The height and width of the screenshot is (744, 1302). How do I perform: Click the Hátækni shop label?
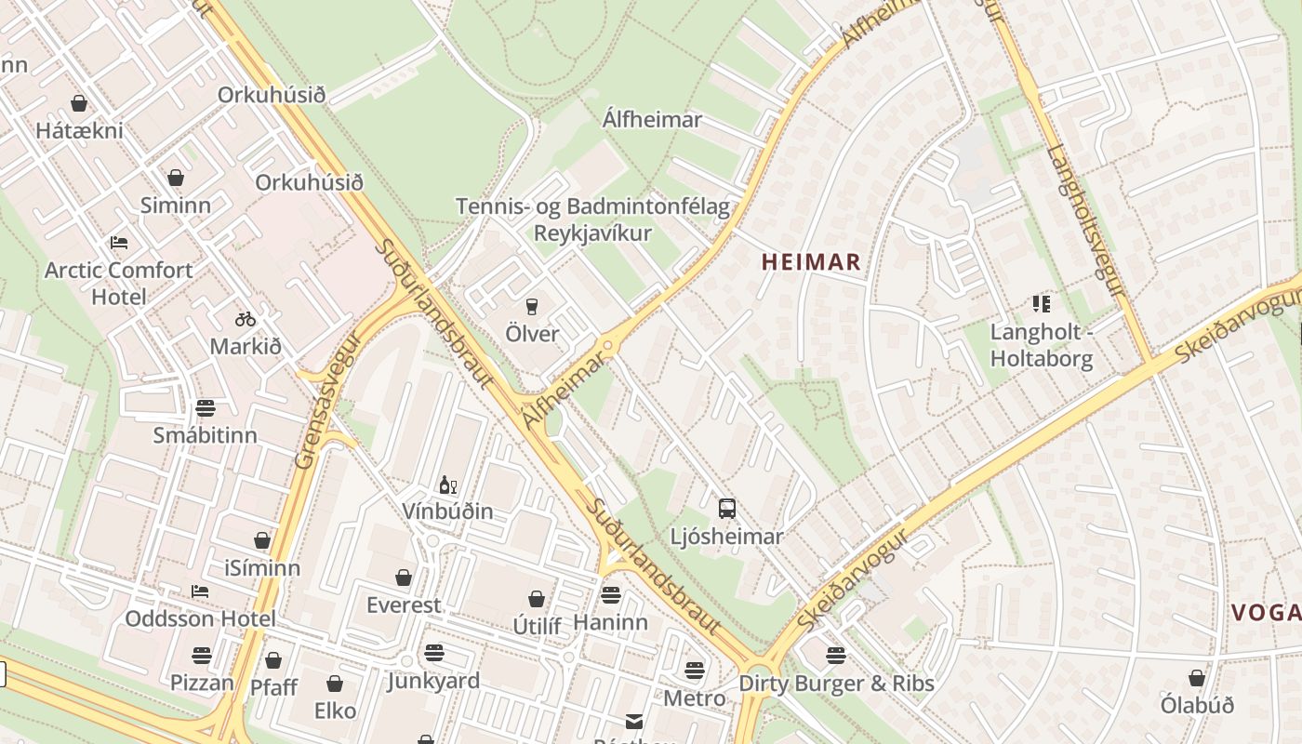79,130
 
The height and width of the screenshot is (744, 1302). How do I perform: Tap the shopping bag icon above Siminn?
176,178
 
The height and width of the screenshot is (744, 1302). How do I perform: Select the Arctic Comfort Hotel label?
119,283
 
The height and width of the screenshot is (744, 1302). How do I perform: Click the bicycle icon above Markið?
246,319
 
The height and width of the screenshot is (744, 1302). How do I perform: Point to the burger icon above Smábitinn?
205,407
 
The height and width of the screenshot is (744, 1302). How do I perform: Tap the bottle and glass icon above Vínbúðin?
448,485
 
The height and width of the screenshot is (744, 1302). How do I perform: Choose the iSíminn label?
262,567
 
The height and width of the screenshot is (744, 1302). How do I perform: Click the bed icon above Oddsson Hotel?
199,591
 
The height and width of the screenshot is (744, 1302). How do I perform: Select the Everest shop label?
404,604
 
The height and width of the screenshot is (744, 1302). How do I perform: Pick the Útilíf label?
537,626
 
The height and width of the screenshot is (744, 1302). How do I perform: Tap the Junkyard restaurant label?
433,681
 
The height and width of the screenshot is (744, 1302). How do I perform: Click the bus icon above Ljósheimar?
727,509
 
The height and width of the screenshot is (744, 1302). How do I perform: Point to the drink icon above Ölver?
532,307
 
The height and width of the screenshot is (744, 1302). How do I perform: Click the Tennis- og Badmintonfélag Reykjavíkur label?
592,219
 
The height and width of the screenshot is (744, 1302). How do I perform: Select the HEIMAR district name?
811,262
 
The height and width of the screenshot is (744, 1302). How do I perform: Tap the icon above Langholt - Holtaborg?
1041,304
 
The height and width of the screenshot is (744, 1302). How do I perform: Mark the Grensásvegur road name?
317,404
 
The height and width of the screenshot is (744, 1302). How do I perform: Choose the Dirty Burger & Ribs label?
836,684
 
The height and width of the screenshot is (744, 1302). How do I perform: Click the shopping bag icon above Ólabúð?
1197,679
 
